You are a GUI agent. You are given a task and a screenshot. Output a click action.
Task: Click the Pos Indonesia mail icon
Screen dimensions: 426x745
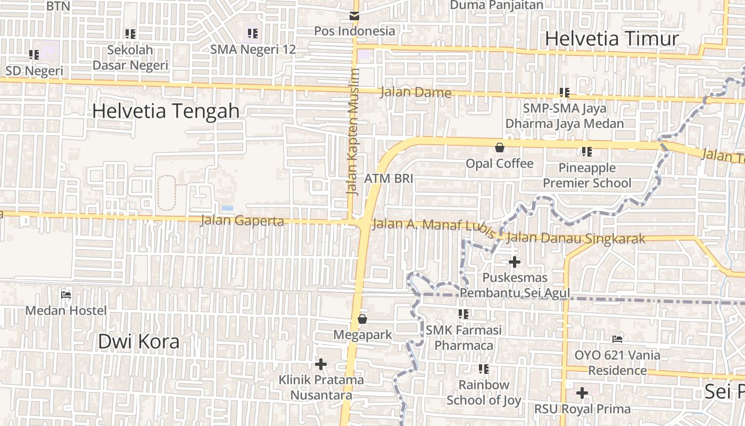[354, 15]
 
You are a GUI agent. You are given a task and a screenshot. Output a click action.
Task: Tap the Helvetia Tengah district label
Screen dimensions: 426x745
[165, 111]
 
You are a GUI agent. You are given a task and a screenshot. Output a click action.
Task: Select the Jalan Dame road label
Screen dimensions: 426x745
[416, 93]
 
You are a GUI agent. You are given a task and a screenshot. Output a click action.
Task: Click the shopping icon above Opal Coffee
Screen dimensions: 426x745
[499, 148]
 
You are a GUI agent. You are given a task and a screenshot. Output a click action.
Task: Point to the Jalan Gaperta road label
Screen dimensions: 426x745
[242, 220]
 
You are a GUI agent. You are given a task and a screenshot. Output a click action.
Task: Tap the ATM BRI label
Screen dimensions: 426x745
[388, 178]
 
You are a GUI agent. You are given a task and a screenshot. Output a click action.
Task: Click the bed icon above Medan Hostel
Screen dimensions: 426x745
[66, 294]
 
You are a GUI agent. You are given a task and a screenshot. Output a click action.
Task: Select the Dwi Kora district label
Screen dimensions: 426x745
[138, 342]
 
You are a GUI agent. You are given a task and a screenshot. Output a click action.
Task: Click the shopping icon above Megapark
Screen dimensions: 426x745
[362, 319]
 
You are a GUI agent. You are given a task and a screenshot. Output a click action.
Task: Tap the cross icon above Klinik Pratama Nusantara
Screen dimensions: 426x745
[321, 364]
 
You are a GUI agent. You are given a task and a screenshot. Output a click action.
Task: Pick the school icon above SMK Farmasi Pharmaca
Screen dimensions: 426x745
[463, 314]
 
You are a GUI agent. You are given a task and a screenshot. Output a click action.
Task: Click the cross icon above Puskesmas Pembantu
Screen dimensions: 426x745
[515, 262]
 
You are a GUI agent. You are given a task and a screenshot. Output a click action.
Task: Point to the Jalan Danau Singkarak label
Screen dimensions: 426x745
[576, 238]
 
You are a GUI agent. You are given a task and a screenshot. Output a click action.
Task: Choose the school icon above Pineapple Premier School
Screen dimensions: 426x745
[587, 152]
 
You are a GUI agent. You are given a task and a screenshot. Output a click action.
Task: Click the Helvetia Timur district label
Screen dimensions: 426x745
[612, 39]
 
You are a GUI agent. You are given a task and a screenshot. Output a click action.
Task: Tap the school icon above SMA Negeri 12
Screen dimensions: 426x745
[253, 34]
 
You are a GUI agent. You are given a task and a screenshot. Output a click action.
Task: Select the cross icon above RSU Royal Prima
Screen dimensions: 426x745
[582, 394]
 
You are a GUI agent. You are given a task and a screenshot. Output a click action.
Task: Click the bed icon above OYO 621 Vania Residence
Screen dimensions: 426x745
[617, 339]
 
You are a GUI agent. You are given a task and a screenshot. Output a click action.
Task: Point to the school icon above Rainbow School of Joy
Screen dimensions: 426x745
[484, 368]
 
